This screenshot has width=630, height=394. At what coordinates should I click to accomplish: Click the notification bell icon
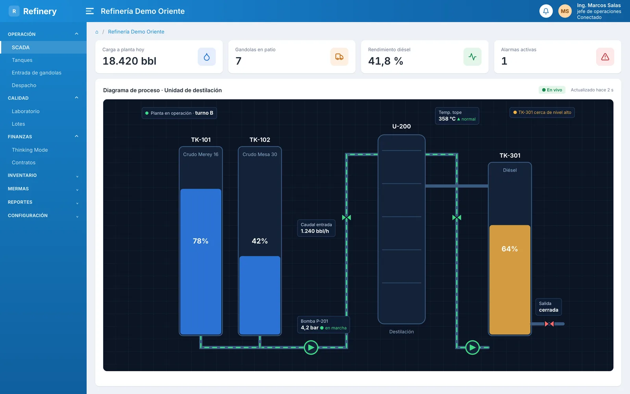[546, 11]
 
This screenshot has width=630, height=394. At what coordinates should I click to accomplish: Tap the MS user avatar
[565, 11]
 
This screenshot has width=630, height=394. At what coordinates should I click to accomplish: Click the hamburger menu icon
[90, 11]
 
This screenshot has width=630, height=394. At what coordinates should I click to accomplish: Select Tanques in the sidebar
[22, 60]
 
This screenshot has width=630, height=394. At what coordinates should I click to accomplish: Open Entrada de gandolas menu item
[37, 72]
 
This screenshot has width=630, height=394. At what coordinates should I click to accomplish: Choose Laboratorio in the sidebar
[26, 111]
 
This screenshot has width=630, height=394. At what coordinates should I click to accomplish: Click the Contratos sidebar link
[24, 162]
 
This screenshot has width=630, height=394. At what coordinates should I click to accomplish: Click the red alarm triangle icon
[605, 57]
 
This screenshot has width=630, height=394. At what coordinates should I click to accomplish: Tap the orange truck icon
[339, 57]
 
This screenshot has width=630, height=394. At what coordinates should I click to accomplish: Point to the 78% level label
[200, 241]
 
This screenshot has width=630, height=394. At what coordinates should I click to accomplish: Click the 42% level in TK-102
[259, 241]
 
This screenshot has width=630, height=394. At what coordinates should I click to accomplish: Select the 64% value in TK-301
[510, 249]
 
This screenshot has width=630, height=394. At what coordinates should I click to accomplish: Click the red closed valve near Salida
[549, 324]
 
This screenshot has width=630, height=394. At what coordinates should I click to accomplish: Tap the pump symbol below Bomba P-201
[311, 347]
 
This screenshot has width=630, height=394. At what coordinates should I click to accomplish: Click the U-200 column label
[401, 126]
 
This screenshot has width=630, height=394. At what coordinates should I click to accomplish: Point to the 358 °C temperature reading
[447, 119]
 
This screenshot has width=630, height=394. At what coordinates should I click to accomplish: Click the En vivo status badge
[552, 90]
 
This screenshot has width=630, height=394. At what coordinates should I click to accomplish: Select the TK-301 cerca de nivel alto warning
[542, 112]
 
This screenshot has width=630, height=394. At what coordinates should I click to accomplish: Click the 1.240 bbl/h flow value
[315, 231]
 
